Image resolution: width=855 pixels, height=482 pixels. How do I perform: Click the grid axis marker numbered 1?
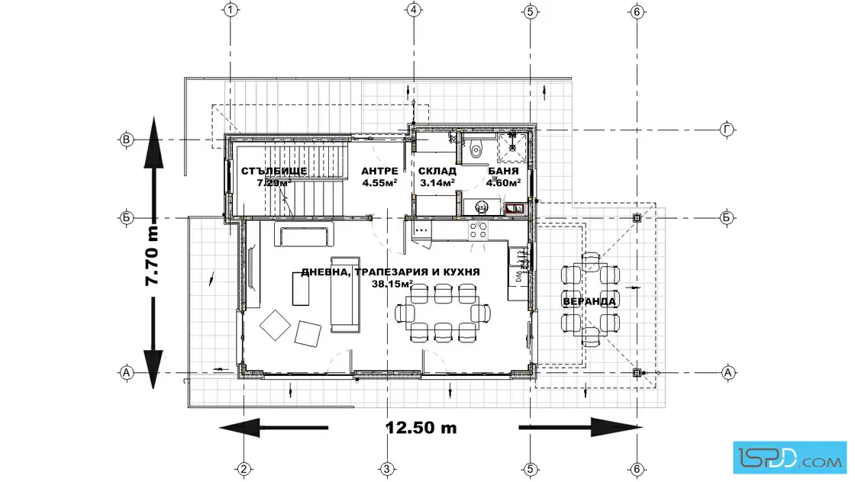click(x=231, y=10)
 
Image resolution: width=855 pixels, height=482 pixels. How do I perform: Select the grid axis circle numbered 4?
click(x=413, y=10)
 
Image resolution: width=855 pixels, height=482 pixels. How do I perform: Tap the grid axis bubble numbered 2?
click(x=244, y=469)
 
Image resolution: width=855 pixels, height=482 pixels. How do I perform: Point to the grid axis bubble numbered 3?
click(x=386, y=469)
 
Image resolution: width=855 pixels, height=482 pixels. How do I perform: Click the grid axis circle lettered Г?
click(x=726, y=130)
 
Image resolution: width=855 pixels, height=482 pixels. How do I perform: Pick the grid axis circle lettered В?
click(x=127, y=140)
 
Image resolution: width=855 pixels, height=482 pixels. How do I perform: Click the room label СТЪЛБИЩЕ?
click(x=274, y=171)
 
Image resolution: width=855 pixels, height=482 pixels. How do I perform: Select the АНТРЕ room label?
click(x=379, y=171)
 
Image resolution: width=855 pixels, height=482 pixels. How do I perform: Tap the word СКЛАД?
click(x=437, y=171)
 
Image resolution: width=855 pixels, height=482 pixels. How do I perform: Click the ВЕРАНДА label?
click(x=589, y=301)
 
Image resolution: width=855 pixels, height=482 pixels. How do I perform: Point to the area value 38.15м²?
click(x=392, y=284)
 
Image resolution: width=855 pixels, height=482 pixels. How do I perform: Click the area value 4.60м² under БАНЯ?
click(x=503, y=183)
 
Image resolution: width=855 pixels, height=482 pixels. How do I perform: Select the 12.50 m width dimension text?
click(x=421, y=428)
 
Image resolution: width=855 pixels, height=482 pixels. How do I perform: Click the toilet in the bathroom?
click(x=476, y=149)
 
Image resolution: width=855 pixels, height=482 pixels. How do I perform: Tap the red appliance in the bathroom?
click(x=515, y=209)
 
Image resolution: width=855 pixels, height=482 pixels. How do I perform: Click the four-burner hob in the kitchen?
click(x=478, y=230)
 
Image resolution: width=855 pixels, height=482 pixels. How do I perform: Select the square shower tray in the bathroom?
click(x=512, y=147)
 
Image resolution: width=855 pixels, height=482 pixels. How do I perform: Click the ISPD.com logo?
click(x=789, y=457)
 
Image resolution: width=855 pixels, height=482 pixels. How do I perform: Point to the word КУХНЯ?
click(x=461, y=272)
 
